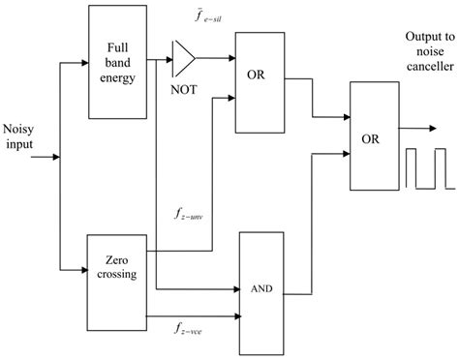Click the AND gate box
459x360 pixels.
tap(272, 288)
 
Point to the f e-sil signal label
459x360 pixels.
tap(194, 18)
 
